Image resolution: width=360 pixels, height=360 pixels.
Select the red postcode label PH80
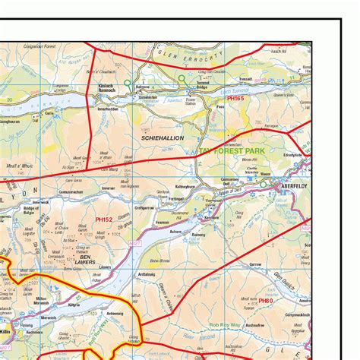point(265,301)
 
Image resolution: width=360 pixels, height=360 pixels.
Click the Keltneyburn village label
point(188,185)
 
